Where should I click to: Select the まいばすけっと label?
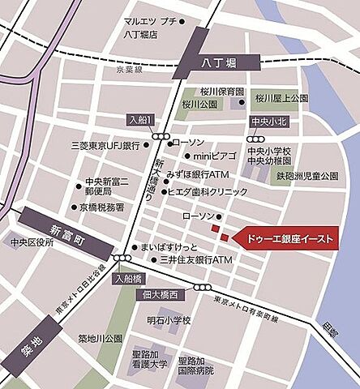169,245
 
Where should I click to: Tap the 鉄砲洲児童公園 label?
306,176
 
